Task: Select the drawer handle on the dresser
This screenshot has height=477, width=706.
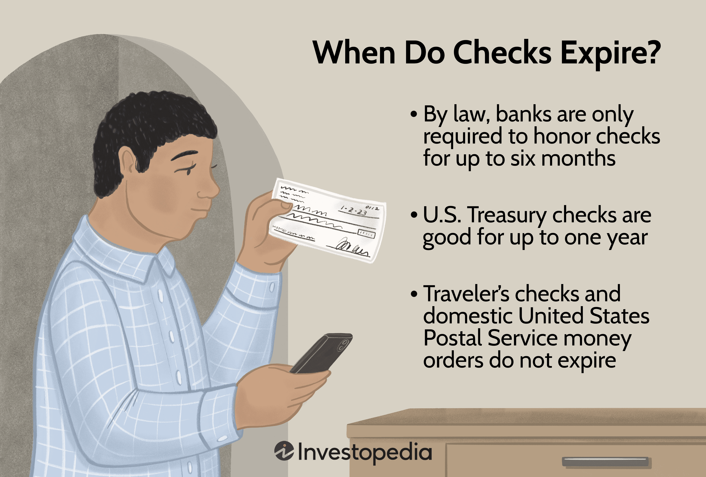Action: pos(606,461)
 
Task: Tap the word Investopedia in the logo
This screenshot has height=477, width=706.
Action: pos(364,452)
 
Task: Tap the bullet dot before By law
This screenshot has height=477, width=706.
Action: pos(414,115)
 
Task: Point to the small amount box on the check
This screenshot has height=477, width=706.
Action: pos(366,234)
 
